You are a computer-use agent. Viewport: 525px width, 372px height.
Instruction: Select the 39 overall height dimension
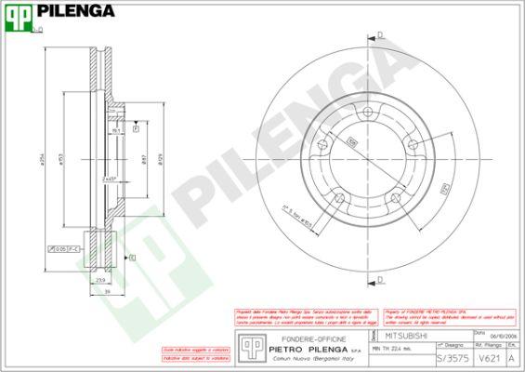pyautogui.click(x=107, y=291)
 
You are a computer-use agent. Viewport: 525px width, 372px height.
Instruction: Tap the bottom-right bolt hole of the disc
pyautogui.click(x=396, y=196)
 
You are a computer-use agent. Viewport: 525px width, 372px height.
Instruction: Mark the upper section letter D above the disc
pyautogui.click(x=380, y=36)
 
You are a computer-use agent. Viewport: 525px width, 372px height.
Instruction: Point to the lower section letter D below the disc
pyautogui.click(x=380, y=277)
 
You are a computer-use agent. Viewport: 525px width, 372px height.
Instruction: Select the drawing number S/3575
pyautogui.click(x=453, y=357)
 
